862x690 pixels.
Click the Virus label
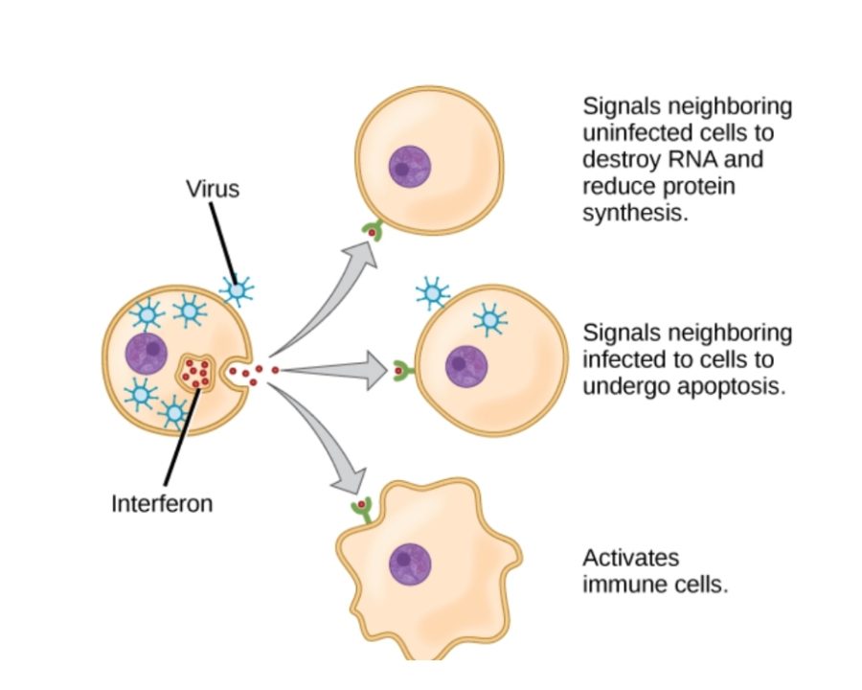point(213,189)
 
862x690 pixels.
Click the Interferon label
point(161,502)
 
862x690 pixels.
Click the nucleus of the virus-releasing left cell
point(147,352)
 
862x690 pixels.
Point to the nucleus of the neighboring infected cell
point(466,366)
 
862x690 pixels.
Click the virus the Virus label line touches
point(236,287)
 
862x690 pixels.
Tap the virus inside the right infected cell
point(490,320)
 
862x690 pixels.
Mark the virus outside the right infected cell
point(433,293)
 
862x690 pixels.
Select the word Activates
point(630,558)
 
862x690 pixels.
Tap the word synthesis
point(635,213)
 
